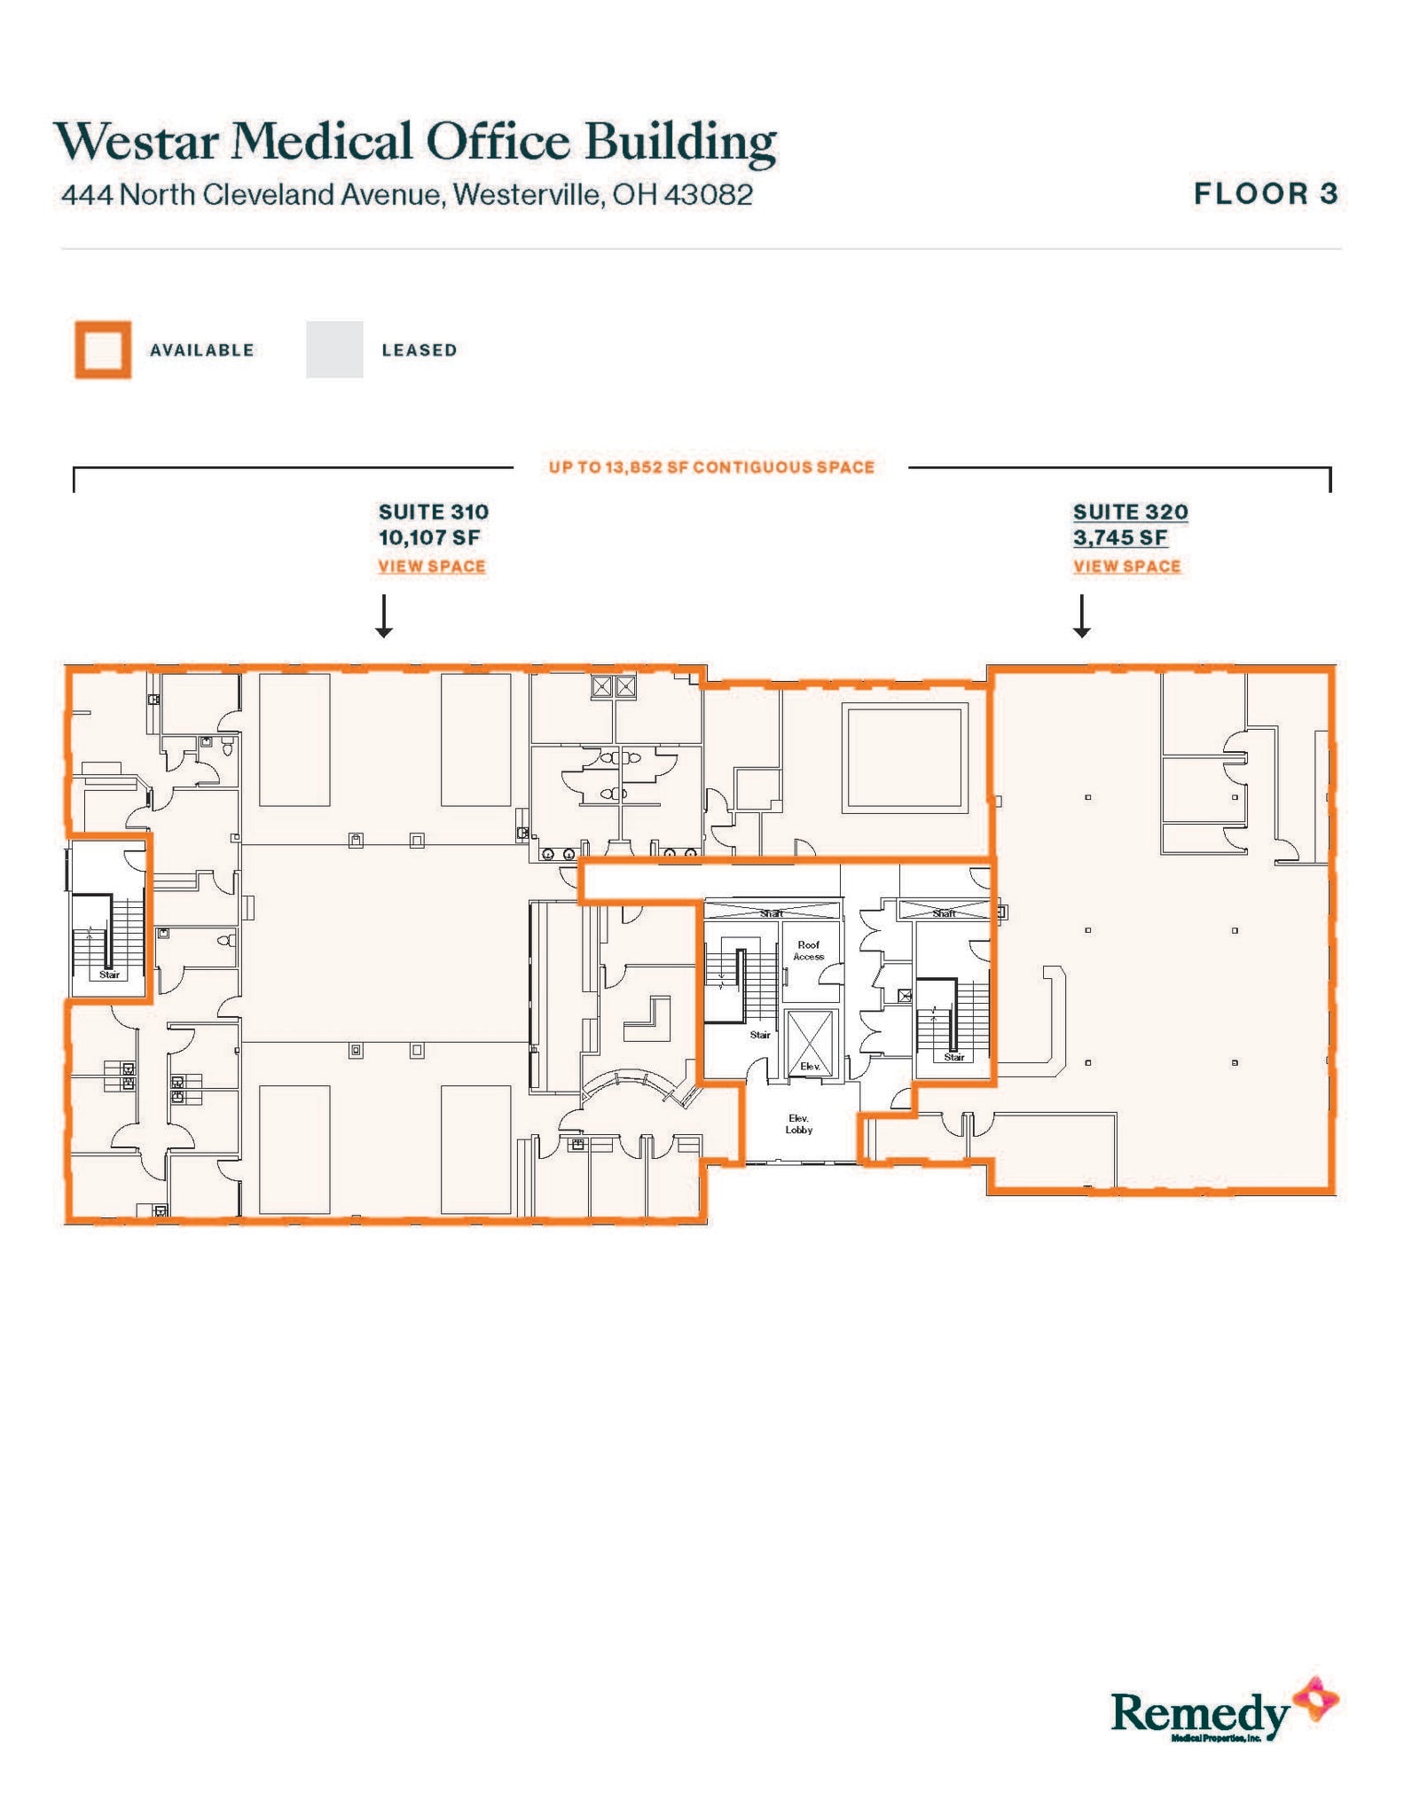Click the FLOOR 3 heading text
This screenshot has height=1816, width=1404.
[x=1265, y=194]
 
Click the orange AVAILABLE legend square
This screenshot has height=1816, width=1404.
[x=103, y=349]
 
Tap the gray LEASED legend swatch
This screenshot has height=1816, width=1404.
[x=334, y=349]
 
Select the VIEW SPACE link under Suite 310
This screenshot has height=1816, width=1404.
[x=432, y=567]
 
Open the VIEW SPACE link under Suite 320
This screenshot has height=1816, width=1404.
[x=1126, y=567]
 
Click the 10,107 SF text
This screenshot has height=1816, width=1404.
[x=429, y=537]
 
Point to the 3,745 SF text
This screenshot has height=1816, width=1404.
[x=1120, y=537]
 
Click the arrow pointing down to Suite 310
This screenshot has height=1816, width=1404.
[x=383, y=617]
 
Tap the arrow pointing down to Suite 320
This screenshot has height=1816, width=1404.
[x=1081, y=617]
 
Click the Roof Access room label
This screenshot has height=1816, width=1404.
[x=808, y=951]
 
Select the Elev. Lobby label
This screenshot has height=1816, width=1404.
[x=798, y=1124]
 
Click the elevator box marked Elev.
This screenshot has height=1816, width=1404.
[x=810, y=1045]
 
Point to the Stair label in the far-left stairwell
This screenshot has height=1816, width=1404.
[x=109, y=975]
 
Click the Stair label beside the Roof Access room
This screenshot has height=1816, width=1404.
[x=760, y=1035]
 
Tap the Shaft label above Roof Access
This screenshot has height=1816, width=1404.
[x=771, y=913]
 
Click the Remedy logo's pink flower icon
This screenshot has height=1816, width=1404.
[x=1315, y=1700]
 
